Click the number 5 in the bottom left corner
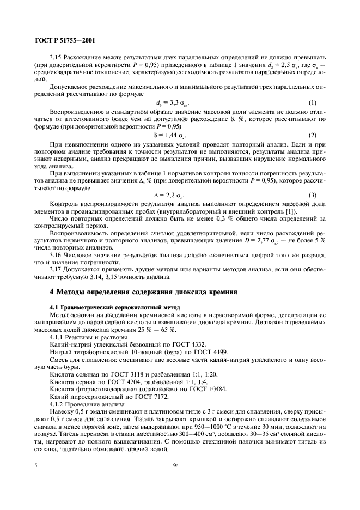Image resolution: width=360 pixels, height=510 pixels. [36, 466]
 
